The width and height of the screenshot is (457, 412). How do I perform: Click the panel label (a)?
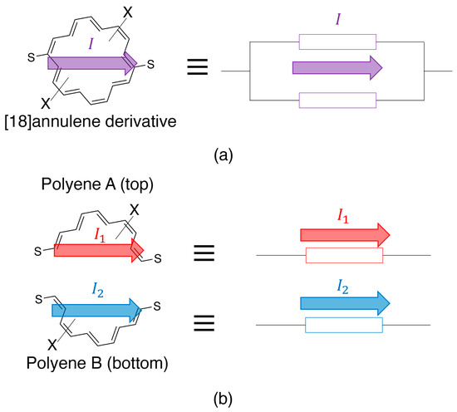point(228,153)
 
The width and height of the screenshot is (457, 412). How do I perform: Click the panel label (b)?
point(228,400)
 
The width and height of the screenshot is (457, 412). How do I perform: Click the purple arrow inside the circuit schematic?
point(337,66)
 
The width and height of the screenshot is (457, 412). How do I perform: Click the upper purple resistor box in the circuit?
point(337,42)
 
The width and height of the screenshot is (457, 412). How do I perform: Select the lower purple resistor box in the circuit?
point(337,101)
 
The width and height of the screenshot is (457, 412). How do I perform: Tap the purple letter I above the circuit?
point(337,15)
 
